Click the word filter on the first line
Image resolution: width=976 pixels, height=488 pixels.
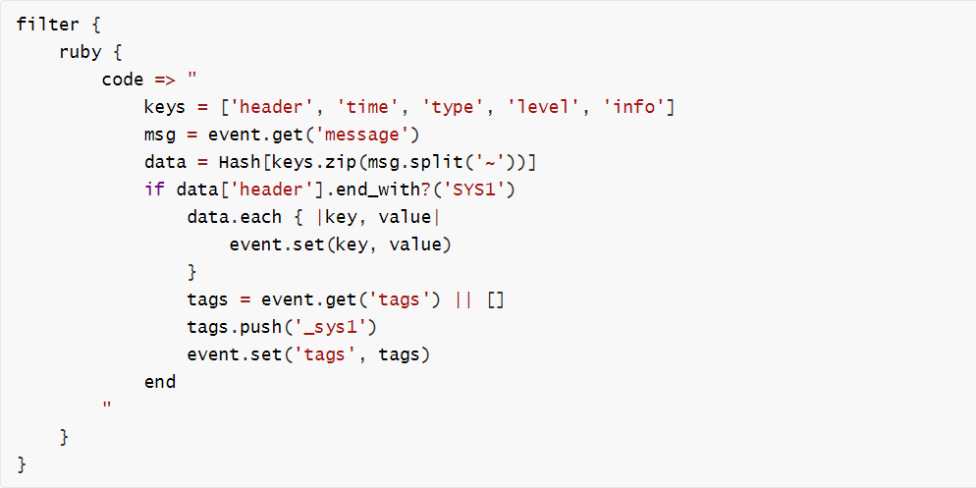(x=48, y=25)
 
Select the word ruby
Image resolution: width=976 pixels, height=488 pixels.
(x=81, y=52)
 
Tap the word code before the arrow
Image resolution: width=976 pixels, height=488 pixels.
(x=123, y=80)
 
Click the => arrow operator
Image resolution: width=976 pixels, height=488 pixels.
(x=165, y=81)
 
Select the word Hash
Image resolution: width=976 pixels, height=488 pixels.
(x=239, y=162)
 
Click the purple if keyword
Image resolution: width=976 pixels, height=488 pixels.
(x=154, y=190)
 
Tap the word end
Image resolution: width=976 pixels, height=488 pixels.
(x=160, y=382)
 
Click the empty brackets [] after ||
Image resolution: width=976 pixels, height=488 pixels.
(x=496, y=300)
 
